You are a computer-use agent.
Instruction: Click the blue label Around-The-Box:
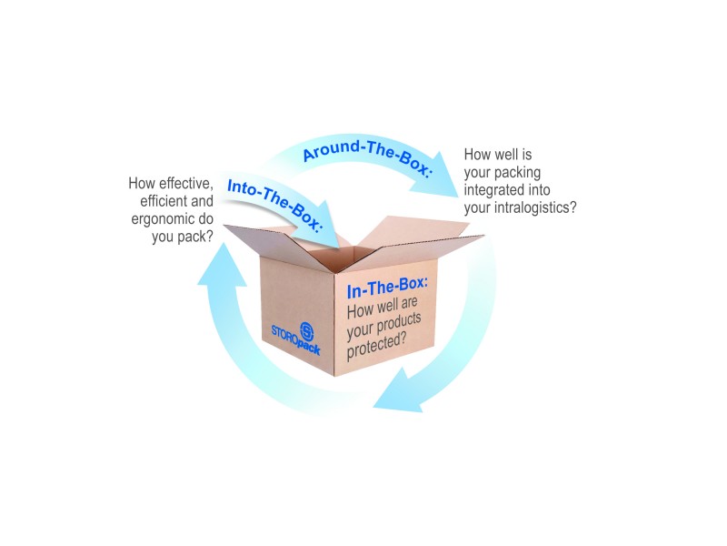[x=367, y=157]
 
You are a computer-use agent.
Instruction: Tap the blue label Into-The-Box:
[x=274, y=205]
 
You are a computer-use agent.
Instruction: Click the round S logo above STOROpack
[x=306, y=331]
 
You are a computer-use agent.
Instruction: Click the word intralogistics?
[x=535, y=207]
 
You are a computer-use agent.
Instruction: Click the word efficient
[x=164, y=201]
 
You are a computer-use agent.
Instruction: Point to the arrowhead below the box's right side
[x=395, y=391]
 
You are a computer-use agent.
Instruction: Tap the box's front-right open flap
[x=412, y=253]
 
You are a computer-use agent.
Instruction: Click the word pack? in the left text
[x=196, y=237]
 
